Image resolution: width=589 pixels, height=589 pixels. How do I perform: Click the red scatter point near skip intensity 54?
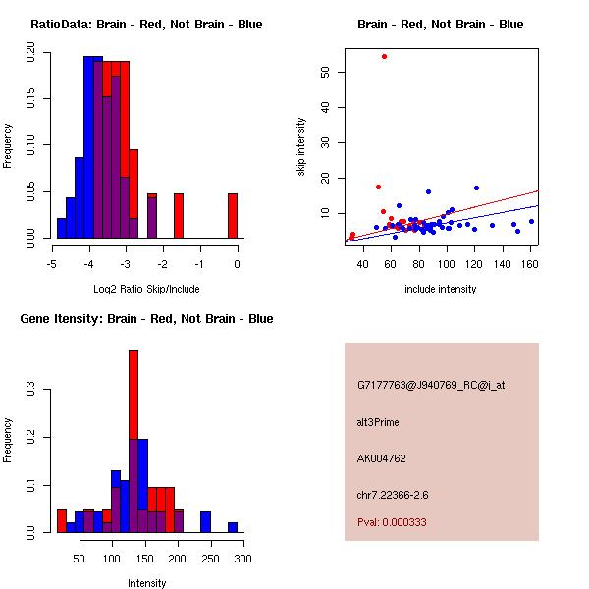pyautogui.click(x=384, y=56)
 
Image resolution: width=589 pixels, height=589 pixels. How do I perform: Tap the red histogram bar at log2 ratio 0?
pyautogui.click(x=233, y=215)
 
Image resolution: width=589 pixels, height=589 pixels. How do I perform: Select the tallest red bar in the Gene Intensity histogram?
pyautogui.click(x=134, y=441)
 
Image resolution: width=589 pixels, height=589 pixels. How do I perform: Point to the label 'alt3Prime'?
pyautogui.click(x=378, y=422)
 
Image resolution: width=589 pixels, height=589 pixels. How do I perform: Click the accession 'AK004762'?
pyautogui.click(x=382, y=457)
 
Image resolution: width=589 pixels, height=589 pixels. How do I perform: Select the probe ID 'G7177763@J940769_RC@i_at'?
pyautogui.click(x=431, y=386)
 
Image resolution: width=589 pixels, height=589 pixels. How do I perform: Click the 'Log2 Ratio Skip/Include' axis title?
pyautogui.click(x=146, y=290)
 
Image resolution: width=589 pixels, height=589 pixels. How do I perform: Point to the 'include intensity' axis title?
pyautogui.click(x=441, y=290)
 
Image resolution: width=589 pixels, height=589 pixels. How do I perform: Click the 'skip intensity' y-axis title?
pyautogui.click(x=301, y=147)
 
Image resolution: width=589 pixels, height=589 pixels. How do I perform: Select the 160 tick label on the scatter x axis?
pyautogui.click(x=531, y=264)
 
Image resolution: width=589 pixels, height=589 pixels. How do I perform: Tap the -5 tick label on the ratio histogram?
pyautogui.click(x=51, y=264)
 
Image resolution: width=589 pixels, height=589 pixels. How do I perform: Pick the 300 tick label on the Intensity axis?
pyautogui.click(x=241, y=559)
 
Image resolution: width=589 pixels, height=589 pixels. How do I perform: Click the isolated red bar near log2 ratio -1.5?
pyautogui.click(x=179, y=215)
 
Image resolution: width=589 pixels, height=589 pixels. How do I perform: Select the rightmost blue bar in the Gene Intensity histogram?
pyautogui.click(x=233, y=527)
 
